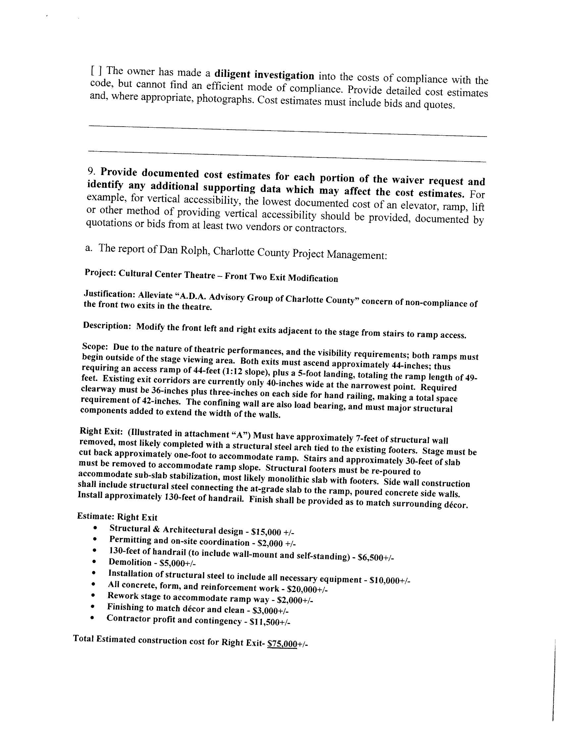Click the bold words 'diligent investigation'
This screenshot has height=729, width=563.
click(x=264, y=75)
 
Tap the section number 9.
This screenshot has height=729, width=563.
click(x=91, y=172)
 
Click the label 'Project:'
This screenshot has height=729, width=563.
click(x=100, y=273)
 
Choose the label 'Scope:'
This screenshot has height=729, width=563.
click(x=95, y=347)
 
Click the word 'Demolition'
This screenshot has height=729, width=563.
click(x=130, y=563)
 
